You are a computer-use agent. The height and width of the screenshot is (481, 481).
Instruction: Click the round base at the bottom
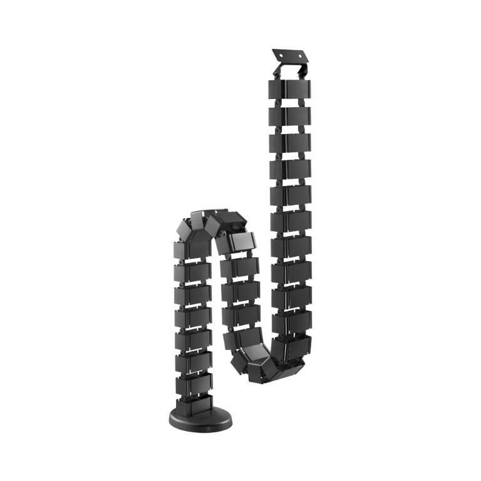click(x=200, y=418)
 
